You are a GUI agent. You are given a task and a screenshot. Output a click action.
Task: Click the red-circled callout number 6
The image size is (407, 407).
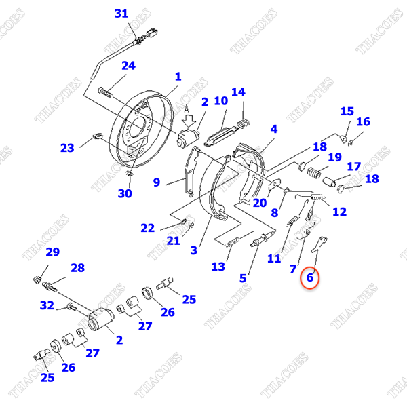(310, 277)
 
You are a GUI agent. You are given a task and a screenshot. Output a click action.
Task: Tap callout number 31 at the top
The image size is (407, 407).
(121, 14)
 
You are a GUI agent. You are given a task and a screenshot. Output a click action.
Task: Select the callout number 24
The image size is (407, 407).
(128, 66)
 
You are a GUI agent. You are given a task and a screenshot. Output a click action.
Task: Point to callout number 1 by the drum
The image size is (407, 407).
(178, 77)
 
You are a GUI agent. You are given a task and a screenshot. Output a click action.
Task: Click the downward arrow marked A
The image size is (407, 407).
(189, 120)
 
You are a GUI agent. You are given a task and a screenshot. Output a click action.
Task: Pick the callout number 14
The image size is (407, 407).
(238, 92)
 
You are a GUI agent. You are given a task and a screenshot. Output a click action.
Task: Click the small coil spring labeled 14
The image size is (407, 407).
(244, 123)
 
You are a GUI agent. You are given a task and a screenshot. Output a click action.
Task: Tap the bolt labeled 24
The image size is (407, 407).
(105, 92)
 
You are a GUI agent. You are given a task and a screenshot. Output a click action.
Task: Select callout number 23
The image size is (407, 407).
(67, 148)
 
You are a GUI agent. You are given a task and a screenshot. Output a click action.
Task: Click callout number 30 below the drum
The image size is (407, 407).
(125, 193)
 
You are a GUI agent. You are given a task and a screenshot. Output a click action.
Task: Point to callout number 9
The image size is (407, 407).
(157, 182)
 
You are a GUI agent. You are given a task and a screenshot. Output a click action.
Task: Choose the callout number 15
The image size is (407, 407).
(347, 111)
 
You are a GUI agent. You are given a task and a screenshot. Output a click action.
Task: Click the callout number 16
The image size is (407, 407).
(363, 121)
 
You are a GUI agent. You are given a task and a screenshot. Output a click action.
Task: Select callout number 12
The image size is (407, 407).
(340, 212)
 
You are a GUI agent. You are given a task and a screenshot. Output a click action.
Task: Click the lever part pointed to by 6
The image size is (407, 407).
(319, 244)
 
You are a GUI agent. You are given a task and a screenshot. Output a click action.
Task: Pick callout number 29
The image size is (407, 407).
(53, 252)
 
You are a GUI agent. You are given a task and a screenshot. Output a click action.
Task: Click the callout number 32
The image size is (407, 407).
(47, 305)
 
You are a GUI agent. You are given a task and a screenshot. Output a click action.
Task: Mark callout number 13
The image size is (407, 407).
(218, 267)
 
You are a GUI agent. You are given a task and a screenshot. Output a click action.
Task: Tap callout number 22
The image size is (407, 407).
(148, 228)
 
